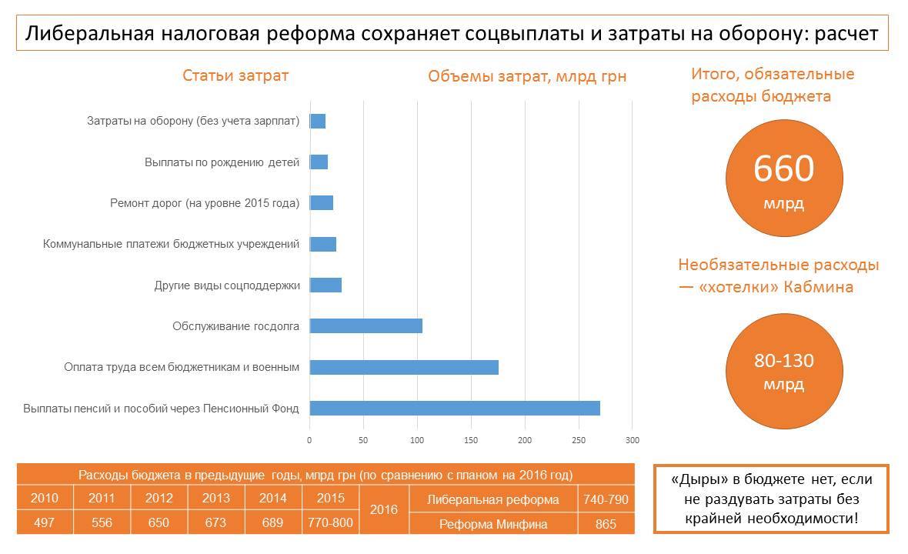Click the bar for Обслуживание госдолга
(366, 326)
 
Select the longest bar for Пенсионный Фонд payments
(454, 408)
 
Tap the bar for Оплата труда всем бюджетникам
(404, 367)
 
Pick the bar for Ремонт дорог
(322, 203)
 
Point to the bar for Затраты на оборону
(318, 121)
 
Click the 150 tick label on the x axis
(471, 441)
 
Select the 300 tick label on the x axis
(632, 441)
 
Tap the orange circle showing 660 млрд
(784, 179)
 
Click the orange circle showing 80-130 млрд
(784, 371)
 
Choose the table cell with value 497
(45, 523)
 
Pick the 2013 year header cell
(216, 498)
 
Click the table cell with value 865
(606, 524)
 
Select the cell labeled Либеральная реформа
(493, 499)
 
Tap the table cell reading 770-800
(331, 523)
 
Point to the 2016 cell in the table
(384, 510)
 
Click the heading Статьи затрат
(235, 75)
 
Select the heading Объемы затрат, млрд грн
(527, 76)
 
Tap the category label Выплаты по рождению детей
(222, 162)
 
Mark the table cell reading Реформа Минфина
(493, 524)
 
